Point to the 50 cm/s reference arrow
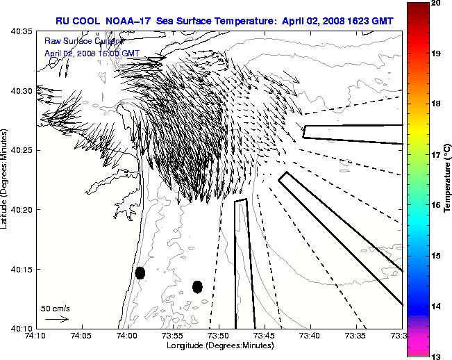coord(56,319)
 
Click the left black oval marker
coord(140,272)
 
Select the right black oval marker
coord(197,286)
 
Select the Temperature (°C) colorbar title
coord(448,179)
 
